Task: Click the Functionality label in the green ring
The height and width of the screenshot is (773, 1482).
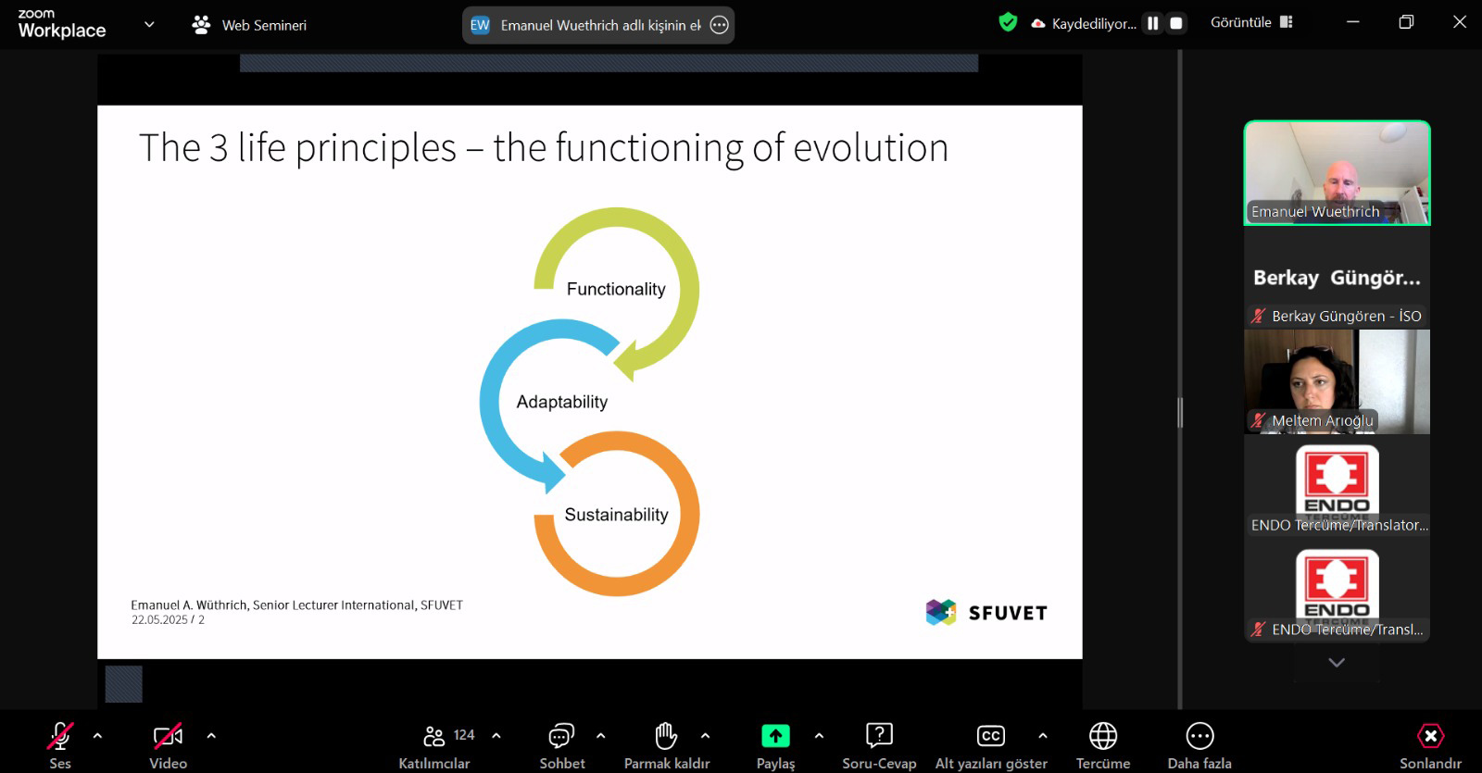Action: (616, 289)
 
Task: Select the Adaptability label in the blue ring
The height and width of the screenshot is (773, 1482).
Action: (561, 402)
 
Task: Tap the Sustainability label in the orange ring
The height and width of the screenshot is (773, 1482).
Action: (617, 515)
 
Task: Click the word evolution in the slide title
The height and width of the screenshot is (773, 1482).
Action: (871, 147)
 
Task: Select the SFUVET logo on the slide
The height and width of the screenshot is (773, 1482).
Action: (986, 612)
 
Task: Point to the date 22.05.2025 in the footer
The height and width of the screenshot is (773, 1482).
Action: (159, 619)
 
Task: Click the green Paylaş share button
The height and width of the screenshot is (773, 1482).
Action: (775, 735)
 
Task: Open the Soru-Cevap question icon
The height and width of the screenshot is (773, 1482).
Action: (879, 735)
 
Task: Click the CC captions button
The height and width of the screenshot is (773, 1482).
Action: (990, 735)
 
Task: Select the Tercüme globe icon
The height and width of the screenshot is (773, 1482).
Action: (1103, 736)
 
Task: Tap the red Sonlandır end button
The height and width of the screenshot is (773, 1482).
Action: (1430, 736)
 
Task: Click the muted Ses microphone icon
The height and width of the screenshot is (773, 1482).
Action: (59, 736)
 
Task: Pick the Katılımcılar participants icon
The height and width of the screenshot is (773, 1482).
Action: (434, 736)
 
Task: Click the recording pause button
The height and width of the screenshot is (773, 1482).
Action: (1153, 23)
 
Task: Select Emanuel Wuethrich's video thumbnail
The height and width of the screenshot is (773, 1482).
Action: (1338, 173)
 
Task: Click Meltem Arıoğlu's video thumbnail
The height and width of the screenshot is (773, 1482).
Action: (1338, 381)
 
